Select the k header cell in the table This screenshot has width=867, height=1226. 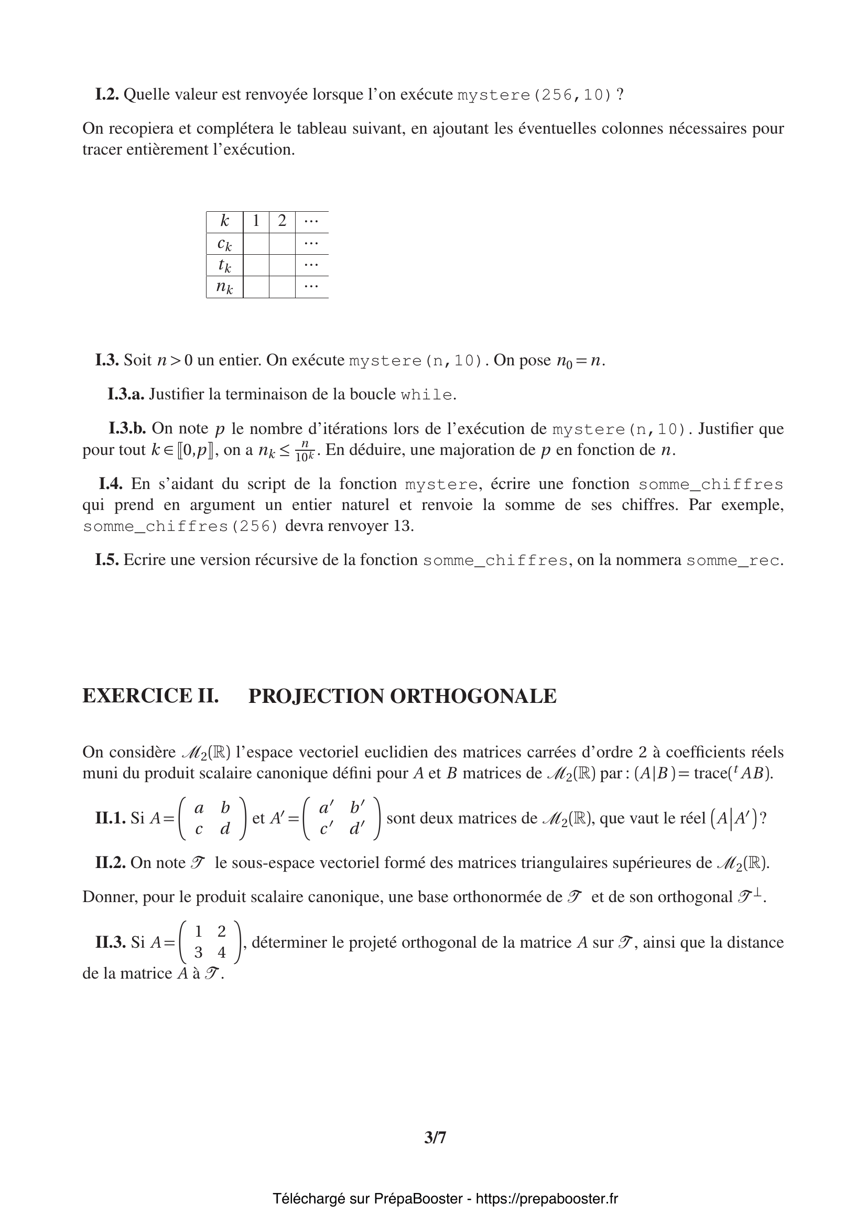[224, 221]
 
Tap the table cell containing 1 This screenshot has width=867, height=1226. [256, 221]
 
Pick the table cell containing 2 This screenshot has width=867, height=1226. [282, 221]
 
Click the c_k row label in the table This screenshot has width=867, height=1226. [224, 244]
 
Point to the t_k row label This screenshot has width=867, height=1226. [224, 265]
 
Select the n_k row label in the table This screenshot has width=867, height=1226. [224, 287]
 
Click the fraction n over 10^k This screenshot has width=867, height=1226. [305, 451]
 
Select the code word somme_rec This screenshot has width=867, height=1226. [733, 560]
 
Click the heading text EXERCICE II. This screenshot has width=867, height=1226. [150, 696]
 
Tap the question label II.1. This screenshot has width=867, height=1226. [110, 819]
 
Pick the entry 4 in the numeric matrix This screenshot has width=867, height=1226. [222, 952]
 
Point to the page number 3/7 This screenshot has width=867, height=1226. [435, 1138]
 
